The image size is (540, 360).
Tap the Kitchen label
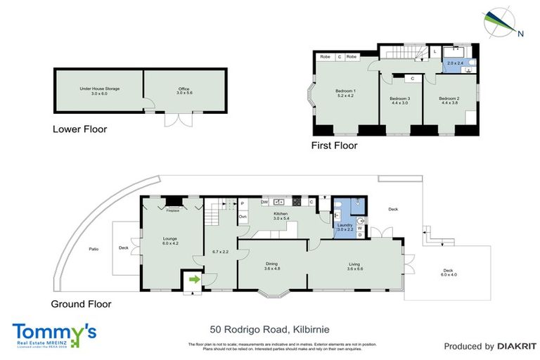pyautogui.click(x=281, y=215)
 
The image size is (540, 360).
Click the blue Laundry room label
pyautogui.click(x=345, y=228)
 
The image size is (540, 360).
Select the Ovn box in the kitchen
pyautogui.click(x=243, y=217)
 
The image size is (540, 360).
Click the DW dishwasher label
pyautogui.click(x=264, y=202)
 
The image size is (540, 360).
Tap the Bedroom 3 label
pyautogui.click(x=399, y=101)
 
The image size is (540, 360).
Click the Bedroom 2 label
pyautogui.click(x=449, y=101)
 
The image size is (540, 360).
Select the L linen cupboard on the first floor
pyautogui.click(x=435, y=52)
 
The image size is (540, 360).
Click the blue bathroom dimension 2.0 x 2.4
pyautogui.click(x=456, y=63)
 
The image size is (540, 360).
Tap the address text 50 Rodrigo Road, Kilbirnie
pyautogui.click(x=269, y=329)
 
